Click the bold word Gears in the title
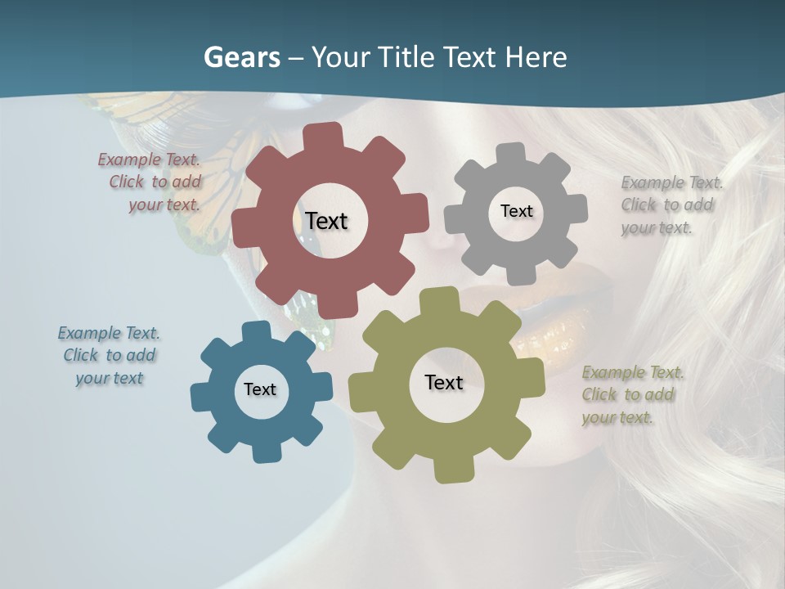(x=241, y=57)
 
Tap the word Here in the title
(x=536, y=57)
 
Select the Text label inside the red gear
(x=326, y=221)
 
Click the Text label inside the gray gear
(x=516, y=211)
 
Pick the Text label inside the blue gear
(x=260, y=389)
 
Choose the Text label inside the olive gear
(x=444, y=382)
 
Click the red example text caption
(x=152, y=182)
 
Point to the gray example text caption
(x=671, y=205)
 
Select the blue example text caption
(x=109, y=355)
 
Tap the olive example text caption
(x=631, y=394)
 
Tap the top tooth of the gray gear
(x=511, y=152)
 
